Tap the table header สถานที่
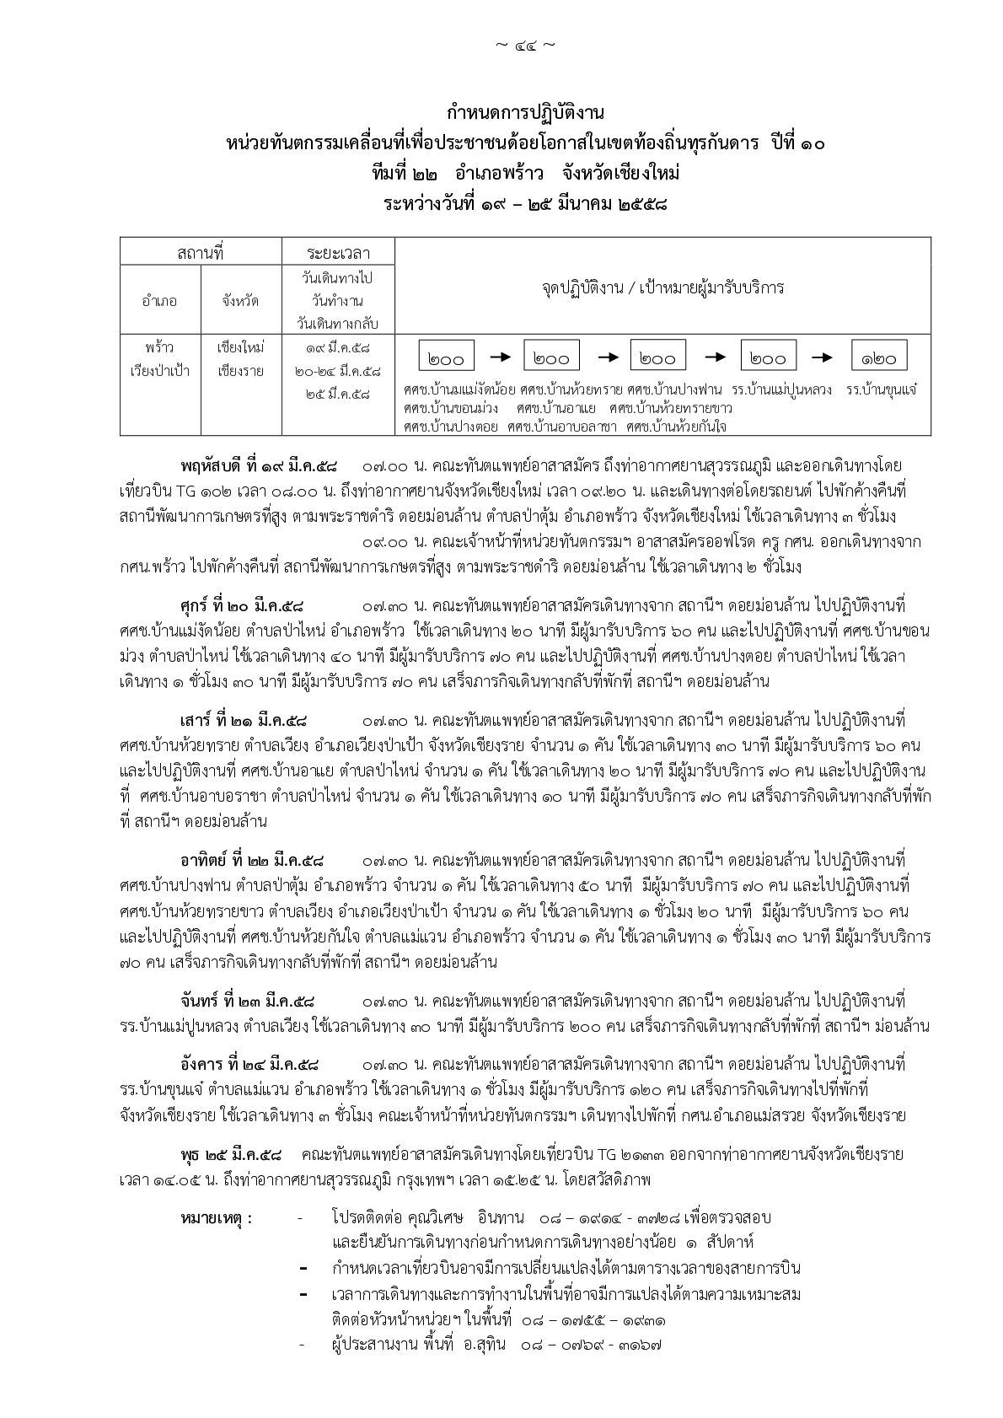coord(200,252)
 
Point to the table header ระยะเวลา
coord(337,252)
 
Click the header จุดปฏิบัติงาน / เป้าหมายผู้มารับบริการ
coord(662,287)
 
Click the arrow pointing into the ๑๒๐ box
coord(822,357)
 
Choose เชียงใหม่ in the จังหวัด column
coord(240,346)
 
